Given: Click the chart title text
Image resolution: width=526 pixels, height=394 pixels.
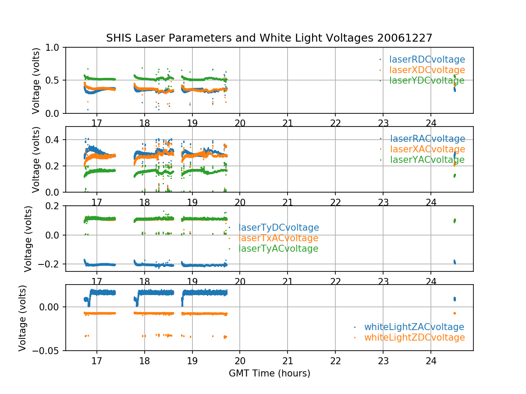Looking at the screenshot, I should tap(269, 38).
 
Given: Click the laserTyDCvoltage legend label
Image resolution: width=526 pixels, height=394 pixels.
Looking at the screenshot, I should tap(279, 228).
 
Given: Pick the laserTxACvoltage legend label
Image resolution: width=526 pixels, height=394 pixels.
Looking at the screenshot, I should tap(278, 238).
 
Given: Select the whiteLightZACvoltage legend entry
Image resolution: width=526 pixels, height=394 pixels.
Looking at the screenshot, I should tap(414, 327).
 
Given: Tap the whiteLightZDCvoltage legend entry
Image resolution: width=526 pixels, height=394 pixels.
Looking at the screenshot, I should tap(414, 338).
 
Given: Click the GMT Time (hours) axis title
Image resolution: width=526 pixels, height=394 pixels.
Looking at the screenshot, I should tap(270, 373).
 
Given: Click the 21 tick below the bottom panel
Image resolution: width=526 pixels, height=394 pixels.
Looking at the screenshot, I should tap(288, 361).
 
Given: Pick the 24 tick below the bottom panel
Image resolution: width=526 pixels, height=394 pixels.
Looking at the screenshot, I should tap(431, 361).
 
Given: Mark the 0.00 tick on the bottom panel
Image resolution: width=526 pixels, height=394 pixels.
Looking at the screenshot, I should tap(50, 307).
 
